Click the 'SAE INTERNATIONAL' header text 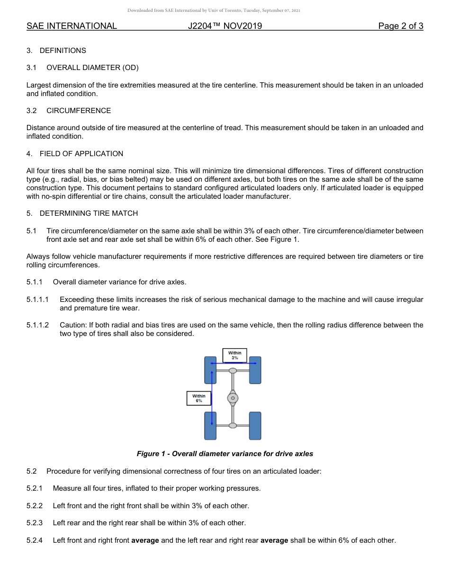(72, 26)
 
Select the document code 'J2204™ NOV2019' (225, 26)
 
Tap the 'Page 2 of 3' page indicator (400, 26)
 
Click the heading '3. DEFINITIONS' (56, 51)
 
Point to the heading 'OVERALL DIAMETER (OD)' (92, 68)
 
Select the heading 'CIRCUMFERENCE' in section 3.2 (79, 111)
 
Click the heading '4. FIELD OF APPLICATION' (75, 154)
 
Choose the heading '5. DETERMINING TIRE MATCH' (82, 213)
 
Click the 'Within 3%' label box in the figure (234, 355)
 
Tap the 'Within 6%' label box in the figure (199, 398)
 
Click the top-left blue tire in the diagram (210, 370)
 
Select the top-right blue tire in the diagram (255, 370)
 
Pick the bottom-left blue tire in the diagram (210, 425)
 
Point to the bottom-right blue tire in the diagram (255, 425)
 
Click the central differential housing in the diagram (233, 398)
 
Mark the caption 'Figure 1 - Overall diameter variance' (225, 454)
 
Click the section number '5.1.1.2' (38, 325)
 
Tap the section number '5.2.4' (35, 540)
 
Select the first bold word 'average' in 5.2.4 (145, 540)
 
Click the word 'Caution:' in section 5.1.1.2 (73, 325)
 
